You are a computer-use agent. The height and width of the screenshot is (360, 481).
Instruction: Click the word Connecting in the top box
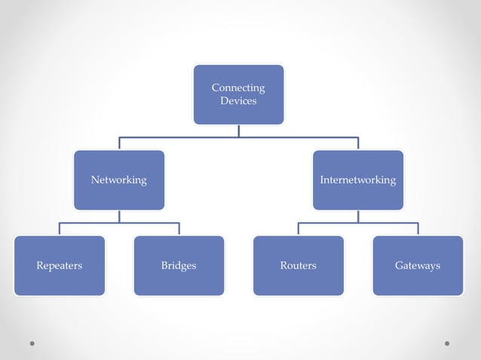click(238, 87)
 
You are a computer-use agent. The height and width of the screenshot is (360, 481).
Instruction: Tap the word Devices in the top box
click(238, 100)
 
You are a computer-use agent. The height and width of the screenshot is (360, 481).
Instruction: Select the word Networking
click(118, 180)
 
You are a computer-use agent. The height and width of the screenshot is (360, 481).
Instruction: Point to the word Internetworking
click(358, 180)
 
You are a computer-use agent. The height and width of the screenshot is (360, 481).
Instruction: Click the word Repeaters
click(59, 265)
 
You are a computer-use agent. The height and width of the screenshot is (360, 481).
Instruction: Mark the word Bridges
click(179, 265)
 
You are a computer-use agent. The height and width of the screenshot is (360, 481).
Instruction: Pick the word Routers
click(298, 265)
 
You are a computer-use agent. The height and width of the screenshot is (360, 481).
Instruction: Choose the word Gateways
click(418, 265)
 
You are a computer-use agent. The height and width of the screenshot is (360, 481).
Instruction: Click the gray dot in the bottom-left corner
click(32, 343)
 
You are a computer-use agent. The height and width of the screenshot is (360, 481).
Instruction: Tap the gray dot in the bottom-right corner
click(447, 343)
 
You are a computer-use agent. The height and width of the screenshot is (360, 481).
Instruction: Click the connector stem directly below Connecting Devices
click(238, 131)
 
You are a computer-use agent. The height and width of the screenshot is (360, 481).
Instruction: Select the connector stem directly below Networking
click(118, 217)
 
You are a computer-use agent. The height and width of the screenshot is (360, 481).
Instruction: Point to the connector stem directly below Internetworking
click(358, 217)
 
